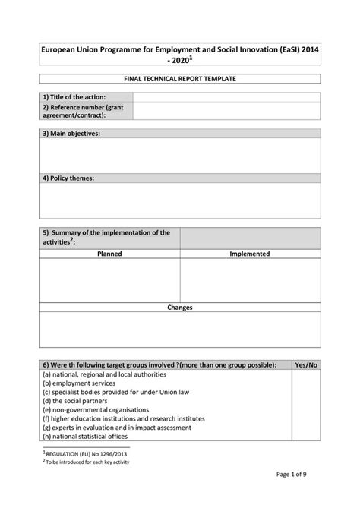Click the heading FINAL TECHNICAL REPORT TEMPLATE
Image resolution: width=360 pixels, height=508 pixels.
coord(180,79)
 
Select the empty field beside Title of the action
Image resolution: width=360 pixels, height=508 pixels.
coord(226,96)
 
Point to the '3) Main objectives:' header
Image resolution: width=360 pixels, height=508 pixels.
coord(71,134)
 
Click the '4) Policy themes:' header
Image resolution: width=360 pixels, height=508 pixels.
coord(68,178)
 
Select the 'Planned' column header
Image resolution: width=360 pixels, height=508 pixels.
coord(109,254)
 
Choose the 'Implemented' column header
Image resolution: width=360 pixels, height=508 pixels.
coord(250,254)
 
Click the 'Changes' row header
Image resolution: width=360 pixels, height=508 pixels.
coord(180,308)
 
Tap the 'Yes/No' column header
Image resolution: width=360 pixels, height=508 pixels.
coord(306,364)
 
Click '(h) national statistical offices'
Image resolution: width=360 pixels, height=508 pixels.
coord(85,436)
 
